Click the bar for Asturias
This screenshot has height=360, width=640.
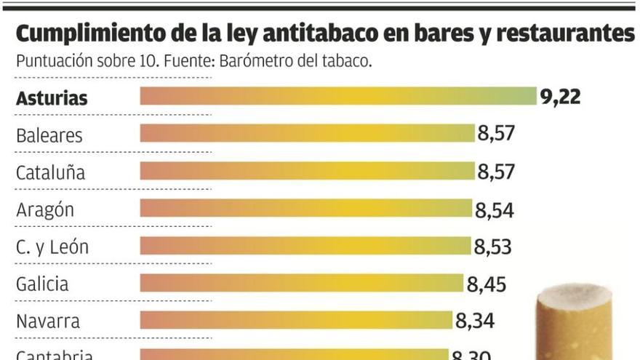pyautogui.click(x=338, y=97)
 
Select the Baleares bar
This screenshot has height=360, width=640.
pyautogui.click(x=307, y=134)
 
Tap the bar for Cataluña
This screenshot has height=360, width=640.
pyautogui.click(x=307, y=172)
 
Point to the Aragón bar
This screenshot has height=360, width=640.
pyautogui.click(x=305, y=209)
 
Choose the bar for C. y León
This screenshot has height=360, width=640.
pyautogui.click(x=305, y=247)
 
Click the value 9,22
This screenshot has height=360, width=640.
pyautogui.click(x=560, y=97)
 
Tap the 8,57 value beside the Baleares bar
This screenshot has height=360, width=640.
pyautogui.click(x=496, y=134)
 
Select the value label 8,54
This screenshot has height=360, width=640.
pyautogui.click(x=495, y=210)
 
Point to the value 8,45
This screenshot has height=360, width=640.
pyautogui.click(x=487, y=284)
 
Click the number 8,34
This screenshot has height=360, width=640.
pyautogui.click(x=475, y=321)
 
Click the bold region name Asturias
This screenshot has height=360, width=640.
pyautogui.click(x=52, y=98)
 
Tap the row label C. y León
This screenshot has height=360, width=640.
pyautogui.click(x=52, y=247)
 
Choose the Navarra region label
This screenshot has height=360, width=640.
pyautogui.click(x=48, y=321)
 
